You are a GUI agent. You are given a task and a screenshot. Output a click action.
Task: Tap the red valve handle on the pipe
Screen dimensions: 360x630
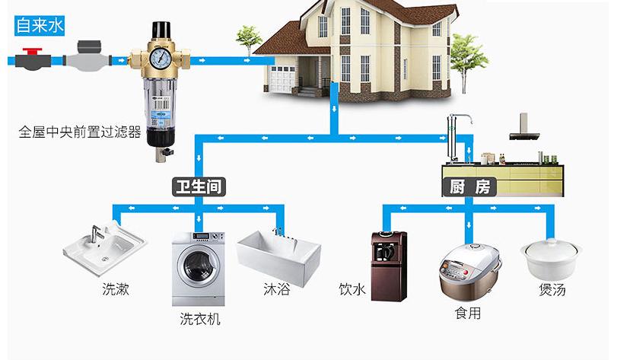(x=32, y=52)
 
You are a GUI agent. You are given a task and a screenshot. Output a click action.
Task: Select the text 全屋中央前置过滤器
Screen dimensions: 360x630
(x=80, y=132)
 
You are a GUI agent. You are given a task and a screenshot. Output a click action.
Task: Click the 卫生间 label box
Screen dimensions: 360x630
(x=199, y=186)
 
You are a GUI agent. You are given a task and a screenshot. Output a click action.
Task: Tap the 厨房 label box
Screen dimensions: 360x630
(x=469, y=187)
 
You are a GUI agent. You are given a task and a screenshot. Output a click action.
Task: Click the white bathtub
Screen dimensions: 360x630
(x=275, y=255)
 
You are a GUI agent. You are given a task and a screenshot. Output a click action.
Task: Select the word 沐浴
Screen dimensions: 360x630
(x=276, y=289)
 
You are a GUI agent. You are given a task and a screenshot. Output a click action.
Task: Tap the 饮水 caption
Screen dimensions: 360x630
(x=352, y=289)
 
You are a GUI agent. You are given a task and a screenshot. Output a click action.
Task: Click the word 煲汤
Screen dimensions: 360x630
(x=552, y=289)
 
